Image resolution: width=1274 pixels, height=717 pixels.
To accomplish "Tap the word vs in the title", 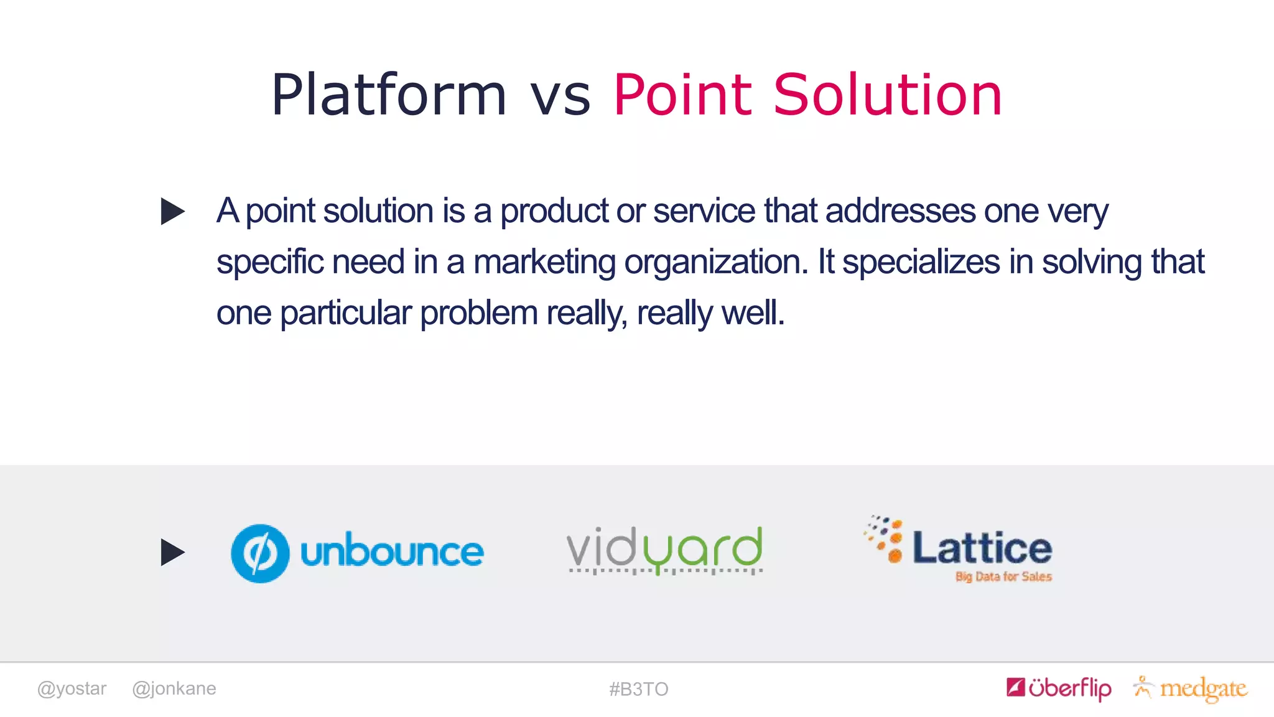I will pyautogui.click(x=560, y=98).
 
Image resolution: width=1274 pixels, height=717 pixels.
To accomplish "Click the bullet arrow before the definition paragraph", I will pyautogui.click(x=172, y=211).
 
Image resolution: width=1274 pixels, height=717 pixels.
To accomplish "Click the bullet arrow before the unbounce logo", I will pyautogui.click(x=172, y=552).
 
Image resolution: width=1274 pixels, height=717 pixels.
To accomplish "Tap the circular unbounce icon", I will pyautogui.click(x=260, y=553).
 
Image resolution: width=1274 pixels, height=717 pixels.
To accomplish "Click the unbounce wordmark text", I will pyautogui.click(x=392, y=551).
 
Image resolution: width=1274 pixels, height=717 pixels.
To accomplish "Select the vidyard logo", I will pyautogui.click(x=664, y=550).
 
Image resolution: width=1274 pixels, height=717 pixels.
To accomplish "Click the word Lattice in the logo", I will pyautogui.click(x=982, y=548).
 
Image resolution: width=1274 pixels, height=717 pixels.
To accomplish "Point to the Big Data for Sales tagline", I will pyautogui.click(x=1003, y=577).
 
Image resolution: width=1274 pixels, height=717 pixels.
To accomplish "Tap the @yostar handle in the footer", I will pyautogui.click(x=72, y=688).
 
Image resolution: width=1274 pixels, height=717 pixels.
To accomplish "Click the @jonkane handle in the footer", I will pyautogui.click(x=174, y=688).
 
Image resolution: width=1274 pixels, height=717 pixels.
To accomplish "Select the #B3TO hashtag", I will pyautogui.click(x=638, y=689).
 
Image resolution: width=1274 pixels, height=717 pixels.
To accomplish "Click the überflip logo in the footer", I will pyautogui.click(x=1059, y=688).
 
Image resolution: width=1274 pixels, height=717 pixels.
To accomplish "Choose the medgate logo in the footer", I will pyautogui.click(x=1191, y=688).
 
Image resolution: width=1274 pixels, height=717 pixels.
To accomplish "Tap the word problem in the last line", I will pyautogui.click(x=478, y=313).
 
